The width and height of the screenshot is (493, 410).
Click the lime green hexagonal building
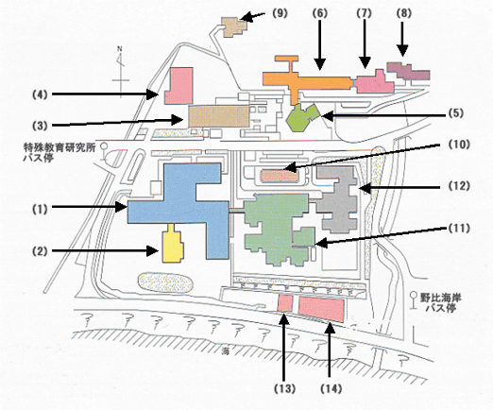(300, 118)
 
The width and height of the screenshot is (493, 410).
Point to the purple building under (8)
(408, 71)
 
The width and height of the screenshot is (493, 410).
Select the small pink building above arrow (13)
(285, 303)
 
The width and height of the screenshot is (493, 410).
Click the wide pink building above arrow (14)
(321, 309)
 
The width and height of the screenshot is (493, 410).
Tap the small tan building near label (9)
(233, 27)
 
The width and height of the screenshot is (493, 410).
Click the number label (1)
(40, 210)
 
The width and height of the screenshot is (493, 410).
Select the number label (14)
(331, 388)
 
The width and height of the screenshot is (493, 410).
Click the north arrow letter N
(120, 49)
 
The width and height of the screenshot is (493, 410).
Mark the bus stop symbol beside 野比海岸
(413, 300)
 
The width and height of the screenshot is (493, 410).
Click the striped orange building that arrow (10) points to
(280, 177)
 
